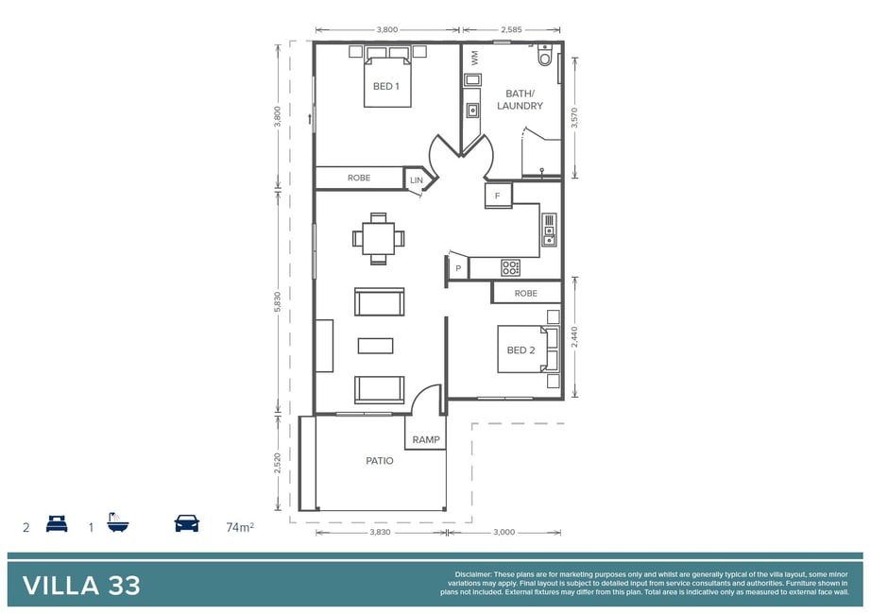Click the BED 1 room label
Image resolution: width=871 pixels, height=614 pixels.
pos(386,86)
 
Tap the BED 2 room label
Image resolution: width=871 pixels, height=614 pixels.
pos(521,350)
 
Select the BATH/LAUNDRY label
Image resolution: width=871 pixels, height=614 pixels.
pos(520,99)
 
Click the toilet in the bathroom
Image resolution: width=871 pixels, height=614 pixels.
pos(545,56)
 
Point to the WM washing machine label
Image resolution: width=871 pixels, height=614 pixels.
pos(475,58)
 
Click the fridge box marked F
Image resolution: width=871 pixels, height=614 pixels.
pos(498,196)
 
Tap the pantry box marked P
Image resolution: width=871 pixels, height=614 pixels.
pos(458,268)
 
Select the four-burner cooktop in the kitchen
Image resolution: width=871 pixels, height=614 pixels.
pos(510,267)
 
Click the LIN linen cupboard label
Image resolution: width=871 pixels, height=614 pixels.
pos(417,180)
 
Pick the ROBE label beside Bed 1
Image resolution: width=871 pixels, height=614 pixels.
pos(359,178)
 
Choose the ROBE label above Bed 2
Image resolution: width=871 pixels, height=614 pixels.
pos(525,293)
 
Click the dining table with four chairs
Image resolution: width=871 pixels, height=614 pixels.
pos(378,238)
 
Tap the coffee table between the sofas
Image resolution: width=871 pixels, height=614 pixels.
pos(375,346)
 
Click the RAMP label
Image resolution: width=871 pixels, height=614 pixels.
pos(426,439)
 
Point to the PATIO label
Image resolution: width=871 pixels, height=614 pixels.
pos(380,461)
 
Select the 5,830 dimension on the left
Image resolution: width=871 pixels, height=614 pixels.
pos(278,301)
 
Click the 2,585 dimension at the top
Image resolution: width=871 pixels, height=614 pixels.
pos(511,30)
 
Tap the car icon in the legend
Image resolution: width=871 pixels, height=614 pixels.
pos(187,523)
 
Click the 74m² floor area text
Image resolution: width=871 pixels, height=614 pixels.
pos(240,527)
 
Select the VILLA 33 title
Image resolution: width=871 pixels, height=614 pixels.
pos(81,586)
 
